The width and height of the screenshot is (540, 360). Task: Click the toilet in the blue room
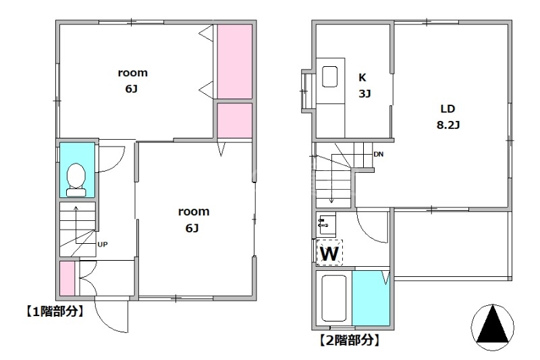coord(76,180)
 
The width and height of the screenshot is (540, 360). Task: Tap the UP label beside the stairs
coord(103,245)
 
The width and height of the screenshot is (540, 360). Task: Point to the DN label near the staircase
coord(379,154)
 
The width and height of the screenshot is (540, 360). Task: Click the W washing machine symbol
coord(329,253)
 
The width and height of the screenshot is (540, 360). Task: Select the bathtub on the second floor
coord(333,299)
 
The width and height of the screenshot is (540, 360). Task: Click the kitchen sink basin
coord(329,76)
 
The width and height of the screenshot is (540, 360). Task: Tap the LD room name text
coord(448,109)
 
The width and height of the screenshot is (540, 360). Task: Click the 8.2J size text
coord(448,125)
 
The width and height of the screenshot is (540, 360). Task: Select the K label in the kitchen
coord(362,78)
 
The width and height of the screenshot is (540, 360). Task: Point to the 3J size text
coord(364,93)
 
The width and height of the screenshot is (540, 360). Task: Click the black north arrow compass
coord(493,328)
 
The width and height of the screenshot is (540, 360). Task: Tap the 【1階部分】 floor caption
coord(55,311)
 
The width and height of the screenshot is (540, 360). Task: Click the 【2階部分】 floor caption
coord(350,340)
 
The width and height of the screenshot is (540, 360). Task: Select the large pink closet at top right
coord(235,61)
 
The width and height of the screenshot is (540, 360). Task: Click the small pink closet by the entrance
coord(67,278)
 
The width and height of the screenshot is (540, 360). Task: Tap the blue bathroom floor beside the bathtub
coord(371,299)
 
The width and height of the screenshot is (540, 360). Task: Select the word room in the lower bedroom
coord(194,211)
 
